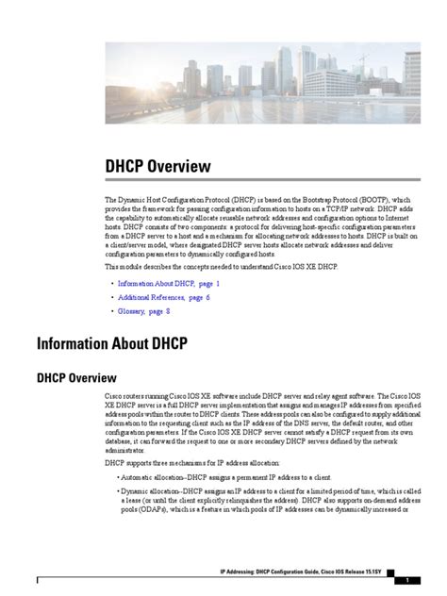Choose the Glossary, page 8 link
[143, 310]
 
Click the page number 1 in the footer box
[406, 580]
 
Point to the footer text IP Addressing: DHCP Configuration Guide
[280, 571]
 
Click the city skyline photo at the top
[263, 83]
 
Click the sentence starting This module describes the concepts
[220, 267]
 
